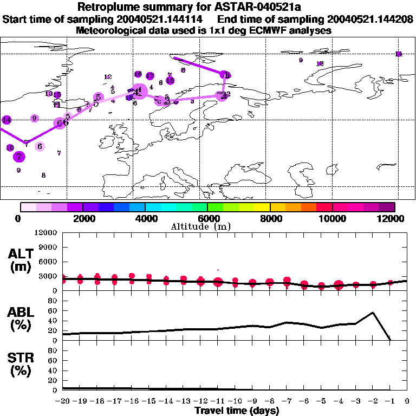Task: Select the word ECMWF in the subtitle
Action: (271, 30)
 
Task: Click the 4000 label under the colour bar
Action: (145, 218)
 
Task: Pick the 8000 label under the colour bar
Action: (270, 218)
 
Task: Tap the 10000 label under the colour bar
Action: (332, 218)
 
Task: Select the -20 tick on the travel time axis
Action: (63, 401)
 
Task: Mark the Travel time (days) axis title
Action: (236, 411)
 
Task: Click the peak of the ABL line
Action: (373, 312)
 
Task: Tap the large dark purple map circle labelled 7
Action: (19, 157)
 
